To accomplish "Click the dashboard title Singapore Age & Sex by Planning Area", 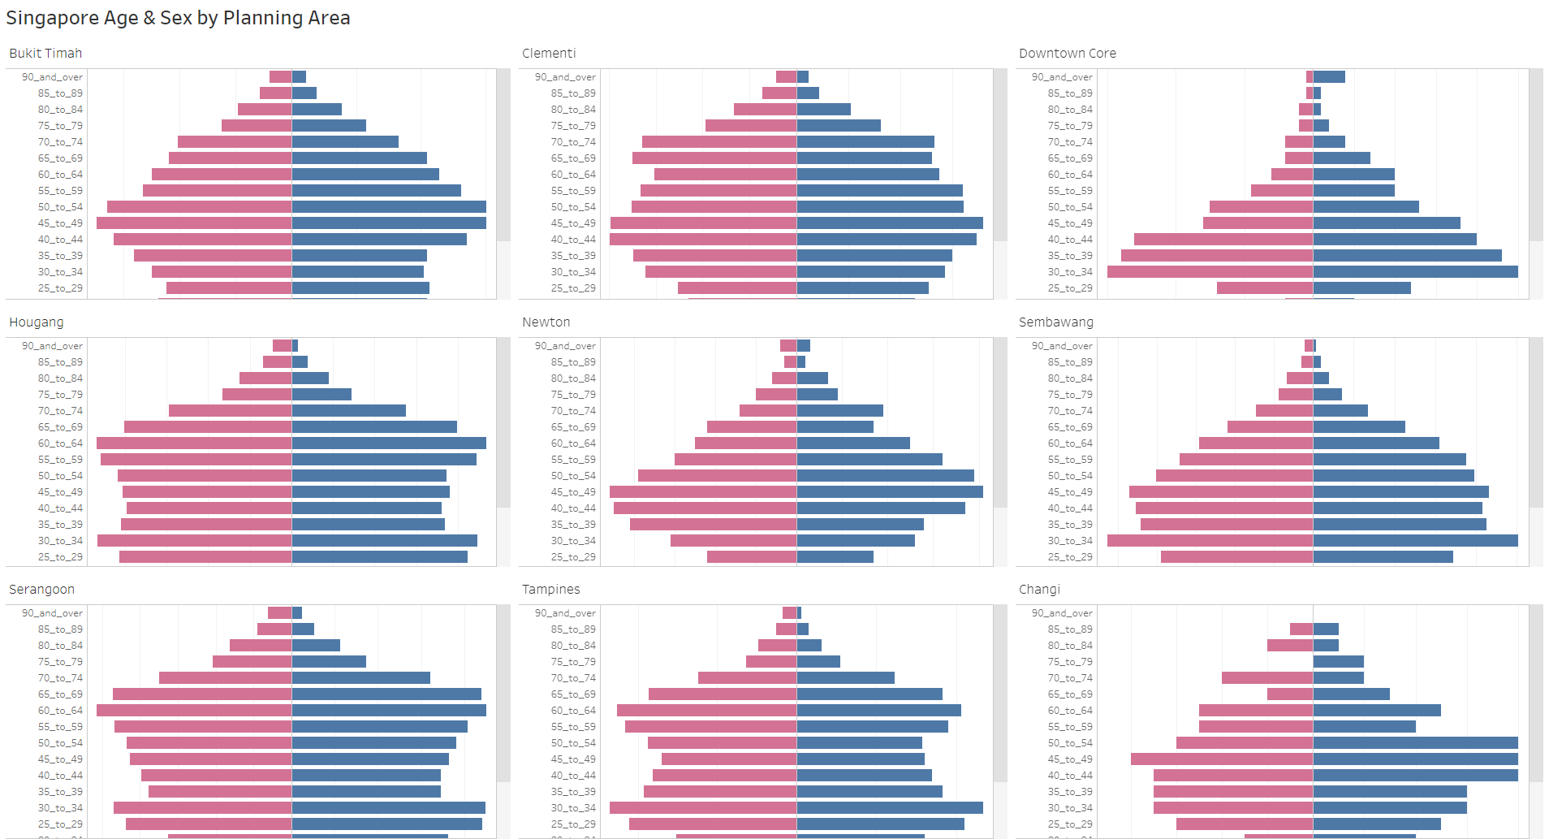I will (x=178, y=18).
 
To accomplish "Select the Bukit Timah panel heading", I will (x=45, y=54).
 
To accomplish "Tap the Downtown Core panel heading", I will (x=1067, y=54).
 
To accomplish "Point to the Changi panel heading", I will (x=1039, y=590).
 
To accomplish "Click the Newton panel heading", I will (x=546, y=322).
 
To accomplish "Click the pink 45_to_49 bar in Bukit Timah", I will (x=194, y=223).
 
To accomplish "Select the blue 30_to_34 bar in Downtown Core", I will (x=1415, y=272).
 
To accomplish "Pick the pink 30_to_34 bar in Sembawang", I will (x=1210, y=541).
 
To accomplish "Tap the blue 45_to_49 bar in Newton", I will (x=890, y=492).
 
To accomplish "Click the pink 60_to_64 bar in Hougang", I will (x=194, y=443).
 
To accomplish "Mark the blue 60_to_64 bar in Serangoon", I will (x=389, y=711).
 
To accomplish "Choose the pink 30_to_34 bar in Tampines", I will (x=703, y=808).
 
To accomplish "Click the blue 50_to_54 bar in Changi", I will (x=1415, y=743).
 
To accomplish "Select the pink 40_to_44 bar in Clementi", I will (x=703, y=240).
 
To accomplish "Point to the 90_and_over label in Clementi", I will (x=565, y=77).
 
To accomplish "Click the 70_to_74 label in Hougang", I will (x=60, y=411).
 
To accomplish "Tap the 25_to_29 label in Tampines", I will (x=573, y=824).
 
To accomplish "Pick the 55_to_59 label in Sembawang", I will (x=1070, y=460).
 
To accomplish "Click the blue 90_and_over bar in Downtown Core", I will (x=1329, y=77).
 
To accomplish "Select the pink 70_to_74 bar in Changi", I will (x=1267, y=678).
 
